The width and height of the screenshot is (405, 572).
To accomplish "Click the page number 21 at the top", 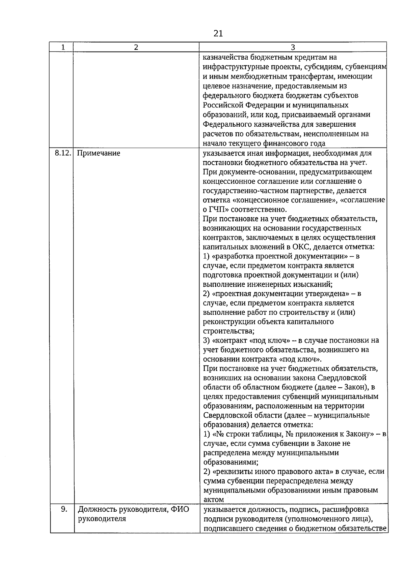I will point(218,33).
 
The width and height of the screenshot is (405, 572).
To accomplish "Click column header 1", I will point(63,47).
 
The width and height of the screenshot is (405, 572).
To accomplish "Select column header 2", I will point(136,47).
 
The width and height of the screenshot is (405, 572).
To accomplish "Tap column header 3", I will point(293,47).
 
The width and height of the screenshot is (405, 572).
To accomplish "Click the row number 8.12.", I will point(63,153).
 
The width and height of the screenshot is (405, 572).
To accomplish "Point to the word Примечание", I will point(99,154).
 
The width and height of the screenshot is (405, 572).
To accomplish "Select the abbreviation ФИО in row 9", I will point(180,509).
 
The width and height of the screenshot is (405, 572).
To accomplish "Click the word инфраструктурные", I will point(235,67).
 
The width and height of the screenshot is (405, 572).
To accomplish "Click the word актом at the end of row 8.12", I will point(214,500).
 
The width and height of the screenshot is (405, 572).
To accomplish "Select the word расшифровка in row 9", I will point(346,509).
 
